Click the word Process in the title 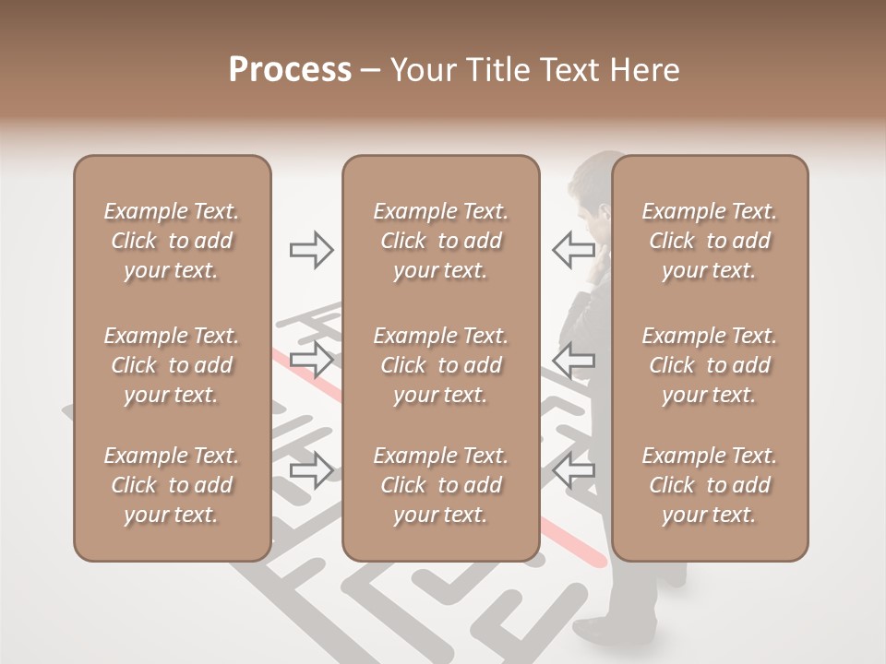click(x=290, y=70)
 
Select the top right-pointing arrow click(x=311, y=250)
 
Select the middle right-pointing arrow click(x=311, y=360)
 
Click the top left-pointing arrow click(x=574, y=249)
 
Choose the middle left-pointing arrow click(x=574, y=360)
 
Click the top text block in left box click(x=172, y=241)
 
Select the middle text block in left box click(x=172, y=365)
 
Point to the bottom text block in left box click(x=172, y=485)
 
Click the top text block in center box click(x=440, y=241)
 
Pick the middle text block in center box click(x=440, y=365)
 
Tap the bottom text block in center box click(x=440, y=485)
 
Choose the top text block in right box click(x=709, y=241)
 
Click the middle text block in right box click(x=709, y=365)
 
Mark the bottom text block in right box click(x=709, y=485)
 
